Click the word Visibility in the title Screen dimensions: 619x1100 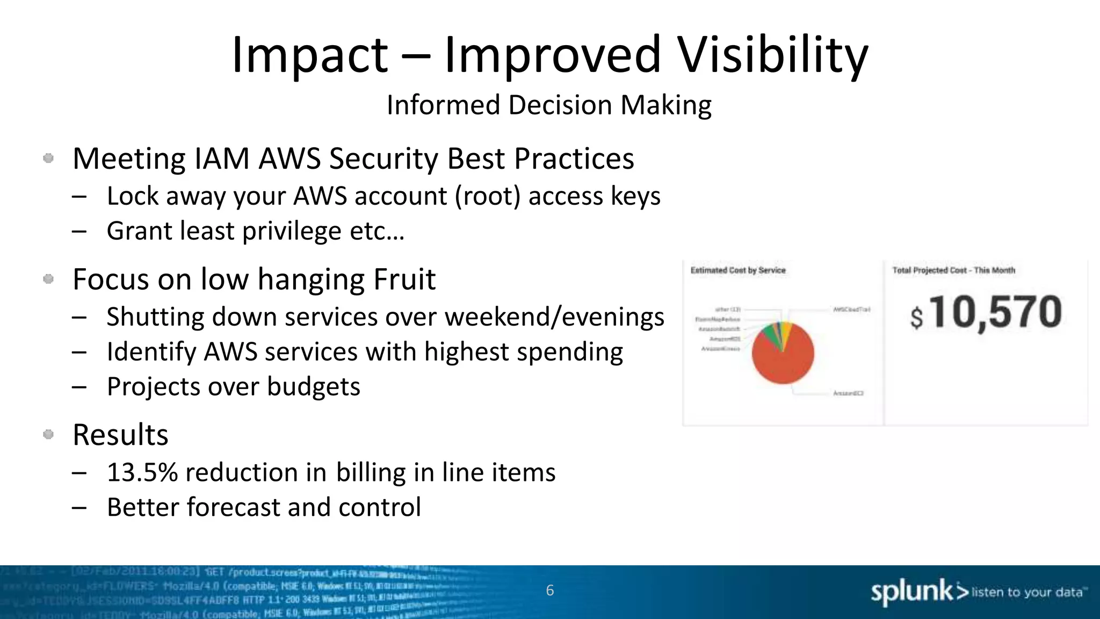click(772, 55)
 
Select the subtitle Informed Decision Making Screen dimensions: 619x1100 click(549, 105)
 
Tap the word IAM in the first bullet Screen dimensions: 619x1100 click(222, 159)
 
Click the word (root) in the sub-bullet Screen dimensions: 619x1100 click(488, 196)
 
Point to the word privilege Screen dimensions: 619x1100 click(292, 232)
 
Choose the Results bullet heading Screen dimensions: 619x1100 click(120, 435)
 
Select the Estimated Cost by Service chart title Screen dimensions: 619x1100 click(737, 270)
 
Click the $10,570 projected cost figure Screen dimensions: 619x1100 click(986, 313)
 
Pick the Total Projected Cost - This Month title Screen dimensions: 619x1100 click(953, 270)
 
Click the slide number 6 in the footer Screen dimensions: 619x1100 click(549, 591)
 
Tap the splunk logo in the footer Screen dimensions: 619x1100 click(911, 592)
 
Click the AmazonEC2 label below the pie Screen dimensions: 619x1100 click(848, 394)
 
